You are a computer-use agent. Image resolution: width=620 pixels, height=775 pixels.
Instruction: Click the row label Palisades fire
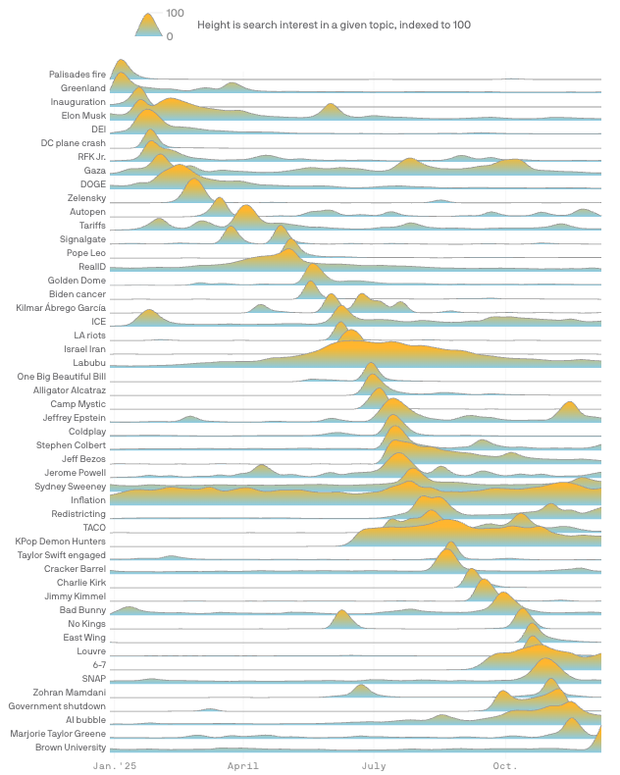coord(77,75)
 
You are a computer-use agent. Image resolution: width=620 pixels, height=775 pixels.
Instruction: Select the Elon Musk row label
coord(83,116)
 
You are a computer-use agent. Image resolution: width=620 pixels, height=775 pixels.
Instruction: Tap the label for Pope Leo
coord(85,253)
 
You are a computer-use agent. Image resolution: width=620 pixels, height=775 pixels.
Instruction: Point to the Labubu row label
coord(89,363)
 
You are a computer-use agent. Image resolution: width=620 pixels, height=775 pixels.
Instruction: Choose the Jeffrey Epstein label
coord(74,418)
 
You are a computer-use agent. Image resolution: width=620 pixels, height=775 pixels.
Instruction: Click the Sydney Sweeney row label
coord(70,487)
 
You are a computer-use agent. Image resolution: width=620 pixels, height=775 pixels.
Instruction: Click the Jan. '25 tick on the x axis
coord(115,764)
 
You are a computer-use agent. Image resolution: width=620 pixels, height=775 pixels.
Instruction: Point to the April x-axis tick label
coord(243,764)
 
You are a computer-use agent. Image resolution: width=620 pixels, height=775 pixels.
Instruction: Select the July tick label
coord(374,764)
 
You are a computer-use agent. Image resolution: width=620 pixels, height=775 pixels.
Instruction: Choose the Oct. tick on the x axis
coord(505,764)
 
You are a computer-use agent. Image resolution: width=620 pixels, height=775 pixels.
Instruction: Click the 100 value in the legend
coord(176,13)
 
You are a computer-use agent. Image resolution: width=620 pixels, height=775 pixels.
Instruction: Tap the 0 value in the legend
coord(170,36)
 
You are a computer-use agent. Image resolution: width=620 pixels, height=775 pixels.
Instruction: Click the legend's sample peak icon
coord(148,26)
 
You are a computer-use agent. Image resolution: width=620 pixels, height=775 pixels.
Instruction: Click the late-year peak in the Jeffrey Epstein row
coord(568,407)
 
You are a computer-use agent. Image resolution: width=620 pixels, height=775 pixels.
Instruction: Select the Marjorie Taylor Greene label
coord(58,734)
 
